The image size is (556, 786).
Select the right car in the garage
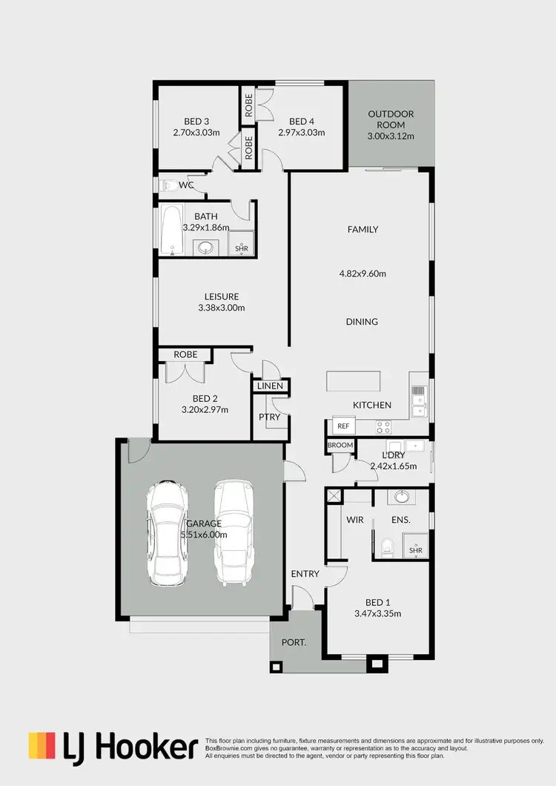click(x=234, y=532)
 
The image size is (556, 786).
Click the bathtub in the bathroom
click(x=172, y=231)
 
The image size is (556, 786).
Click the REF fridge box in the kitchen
click(x=342, y=426)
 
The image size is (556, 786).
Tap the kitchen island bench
click(x=354, y=382)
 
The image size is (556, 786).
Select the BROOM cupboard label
click(x=340, y=445)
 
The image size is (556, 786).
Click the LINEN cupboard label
click(x=270, y=386)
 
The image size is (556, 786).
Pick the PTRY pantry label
click(x=268, y=417)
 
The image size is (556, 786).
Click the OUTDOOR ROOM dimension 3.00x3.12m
click(x=390, y=136)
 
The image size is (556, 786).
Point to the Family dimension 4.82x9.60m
click(x=363, y=273)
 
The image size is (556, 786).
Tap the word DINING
click(x=362, y=322)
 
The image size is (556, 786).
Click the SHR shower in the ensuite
click(x=415, y=549)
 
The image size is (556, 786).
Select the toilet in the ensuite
click(x=385, y=547)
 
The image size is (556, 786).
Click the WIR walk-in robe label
click(x=354, y=520)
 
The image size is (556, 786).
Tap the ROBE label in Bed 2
click(x=185, y=354)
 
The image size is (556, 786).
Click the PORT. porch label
click(x=294, y=642)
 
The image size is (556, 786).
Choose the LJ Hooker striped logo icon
click(x=42, y=746)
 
